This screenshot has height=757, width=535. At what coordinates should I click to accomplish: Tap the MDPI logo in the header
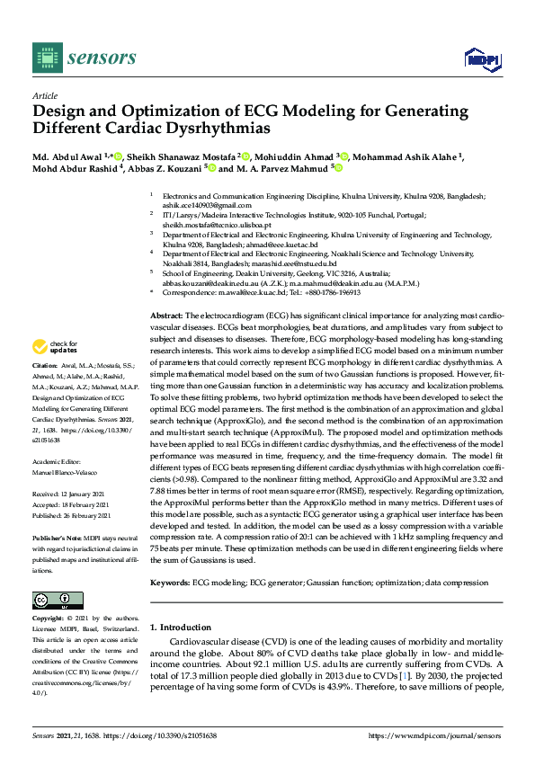point(483,59)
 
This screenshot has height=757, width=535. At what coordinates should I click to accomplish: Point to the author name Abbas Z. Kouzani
point(163,167)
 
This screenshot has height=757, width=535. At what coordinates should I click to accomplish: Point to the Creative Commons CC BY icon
point(57,600)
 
